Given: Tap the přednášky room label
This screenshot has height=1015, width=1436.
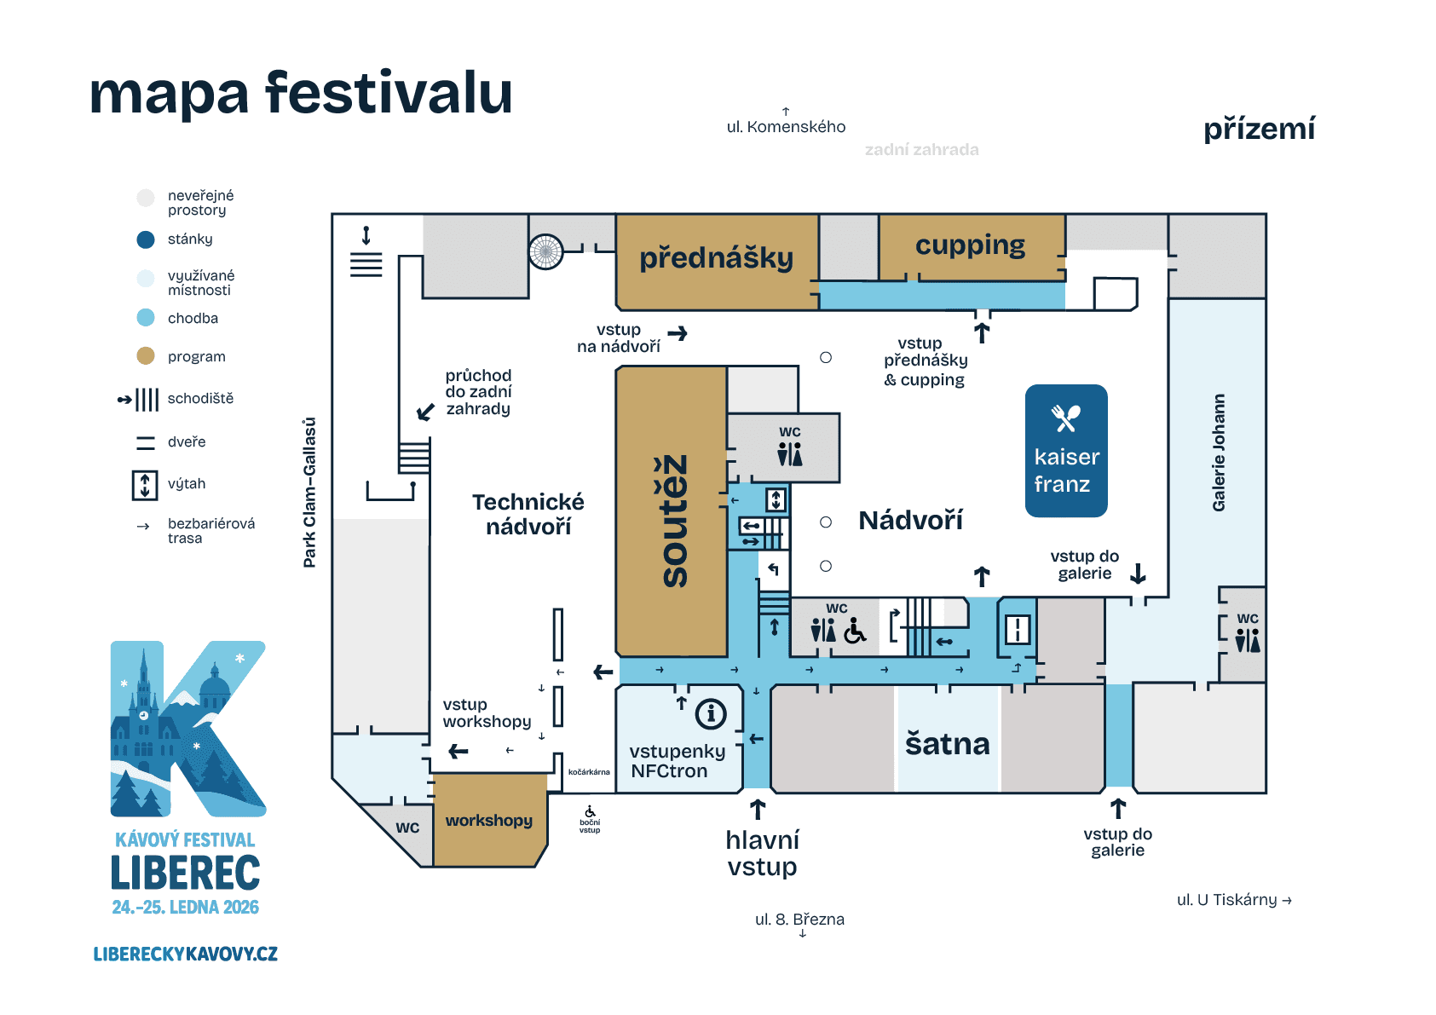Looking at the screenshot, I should (x=716, y=257).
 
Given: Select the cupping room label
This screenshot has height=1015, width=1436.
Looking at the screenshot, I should (x=970, y=245).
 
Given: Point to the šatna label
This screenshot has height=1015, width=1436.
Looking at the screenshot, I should (x=947, y=744).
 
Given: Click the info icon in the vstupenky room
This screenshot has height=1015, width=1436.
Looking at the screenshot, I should (x=711, y=713).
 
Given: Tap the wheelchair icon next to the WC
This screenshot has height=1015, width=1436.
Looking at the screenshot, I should (x=855, y=631).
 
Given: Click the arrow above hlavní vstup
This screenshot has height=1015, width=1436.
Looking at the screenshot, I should (x=758, y=809).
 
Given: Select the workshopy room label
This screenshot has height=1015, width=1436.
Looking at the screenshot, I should (x=488, y=821).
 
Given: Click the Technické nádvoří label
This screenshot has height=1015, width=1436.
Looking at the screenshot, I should (x=528, y=514).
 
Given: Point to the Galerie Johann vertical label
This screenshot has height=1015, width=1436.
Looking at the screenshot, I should (x=1219, y=453).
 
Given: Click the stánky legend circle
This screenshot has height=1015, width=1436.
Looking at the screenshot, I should (x=146, y=239).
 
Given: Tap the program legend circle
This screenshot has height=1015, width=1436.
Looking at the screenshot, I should (x=146, y=356).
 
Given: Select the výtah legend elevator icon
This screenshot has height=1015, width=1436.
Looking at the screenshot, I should (x=145, y=484).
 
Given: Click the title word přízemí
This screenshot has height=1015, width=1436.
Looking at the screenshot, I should (x=1259, y=130).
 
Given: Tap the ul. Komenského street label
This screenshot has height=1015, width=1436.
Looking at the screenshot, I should (x=786, y=127).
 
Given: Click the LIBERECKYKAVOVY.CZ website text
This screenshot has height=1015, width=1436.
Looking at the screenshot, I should (x=185, y=954).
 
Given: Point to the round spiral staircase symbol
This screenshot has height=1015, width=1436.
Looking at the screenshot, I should (x=545, y=251).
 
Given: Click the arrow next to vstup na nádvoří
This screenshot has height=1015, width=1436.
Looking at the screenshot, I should (x=678, y=333).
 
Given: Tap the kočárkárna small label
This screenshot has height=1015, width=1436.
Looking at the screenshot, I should (x=589, y=772).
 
